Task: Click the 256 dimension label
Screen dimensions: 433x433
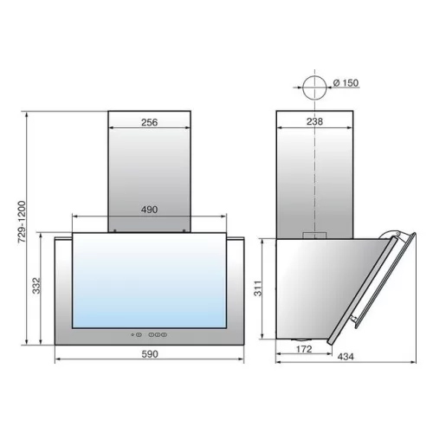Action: click(150, 122)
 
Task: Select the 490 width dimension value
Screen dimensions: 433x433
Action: click(149, 210)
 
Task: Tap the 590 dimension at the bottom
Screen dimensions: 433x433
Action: click(150, 354)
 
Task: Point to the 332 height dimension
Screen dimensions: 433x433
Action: click(36, 286)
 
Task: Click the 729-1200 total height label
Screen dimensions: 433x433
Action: click(22, 222)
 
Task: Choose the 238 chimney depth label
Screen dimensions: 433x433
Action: click(314, 121)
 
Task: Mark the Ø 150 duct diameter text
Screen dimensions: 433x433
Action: click(346, 83)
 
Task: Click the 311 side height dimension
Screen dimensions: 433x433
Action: click(258, 288)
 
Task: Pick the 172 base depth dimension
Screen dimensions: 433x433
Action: click(304, 349)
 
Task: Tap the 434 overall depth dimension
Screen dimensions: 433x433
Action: click(346, 357)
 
